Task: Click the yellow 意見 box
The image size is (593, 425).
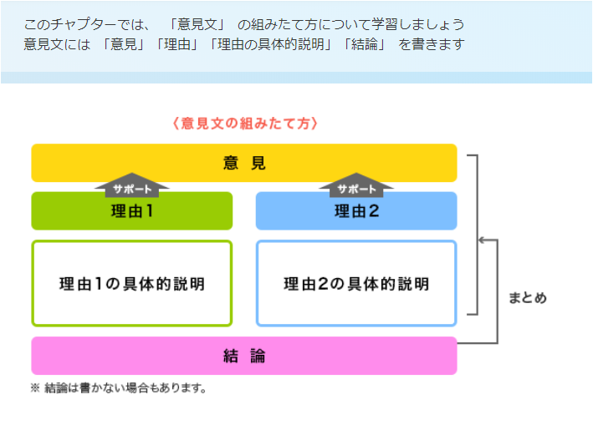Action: tap(244, 163)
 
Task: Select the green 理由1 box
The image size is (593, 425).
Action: tap(132, 211)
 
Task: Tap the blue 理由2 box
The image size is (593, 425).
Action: tap(356, 211)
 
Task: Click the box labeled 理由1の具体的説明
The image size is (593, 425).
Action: tap(132, 283)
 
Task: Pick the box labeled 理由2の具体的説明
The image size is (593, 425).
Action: tap(356, 283)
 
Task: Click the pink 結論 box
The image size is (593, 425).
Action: tap(244, 356)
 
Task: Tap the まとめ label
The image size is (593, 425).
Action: tap(529, 297)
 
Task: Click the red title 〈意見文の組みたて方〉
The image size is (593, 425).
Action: tap(245, 124)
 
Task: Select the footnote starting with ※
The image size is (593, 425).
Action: tap(118, 387)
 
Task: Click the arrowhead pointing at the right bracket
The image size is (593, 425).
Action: tap(482, 240)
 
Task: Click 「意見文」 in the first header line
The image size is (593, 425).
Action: tap(197, 24)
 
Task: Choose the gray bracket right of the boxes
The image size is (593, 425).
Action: tap(475, 235)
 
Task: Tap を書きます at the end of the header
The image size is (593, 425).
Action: tap(431, 43)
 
